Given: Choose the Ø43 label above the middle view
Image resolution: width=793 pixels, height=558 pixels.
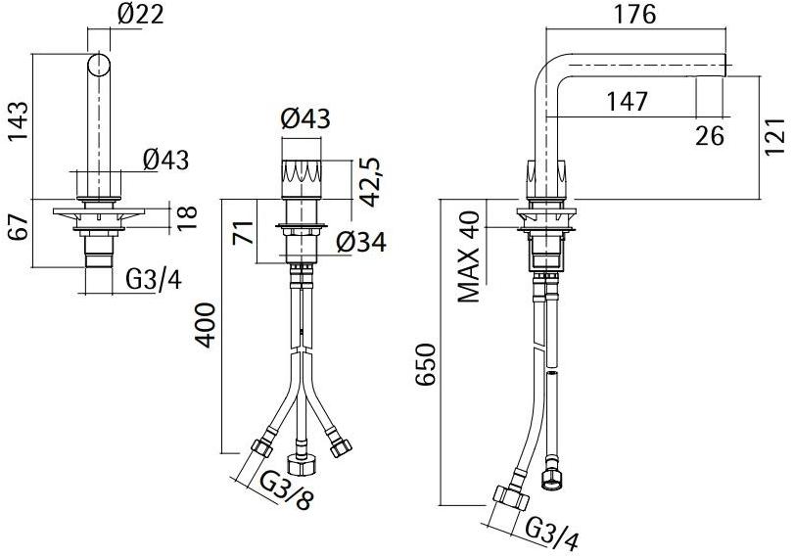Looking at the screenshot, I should [304, 119].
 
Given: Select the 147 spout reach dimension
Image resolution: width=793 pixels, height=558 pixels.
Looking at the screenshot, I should [628, 99].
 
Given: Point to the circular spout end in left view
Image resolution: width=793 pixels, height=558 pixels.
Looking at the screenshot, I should [100, 66].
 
